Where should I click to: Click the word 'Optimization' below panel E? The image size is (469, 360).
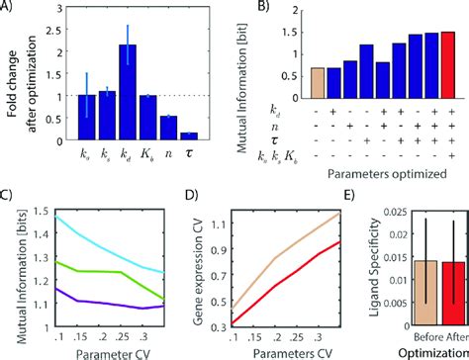(x=422, y=351)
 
